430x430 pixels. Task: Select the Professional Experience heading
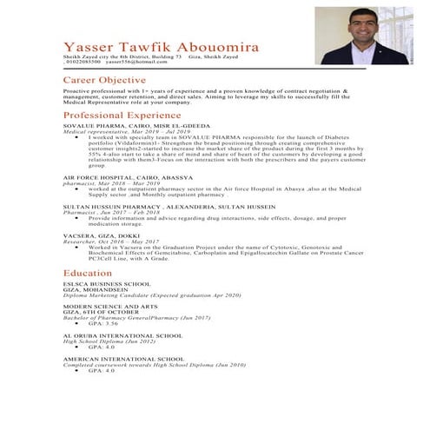point(122,115)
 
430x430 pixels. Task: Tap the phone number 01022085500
point(83,63)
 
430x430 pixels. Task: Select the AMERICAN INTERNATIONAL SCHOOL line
point(123,358)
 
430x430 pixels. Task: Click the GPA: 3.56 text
point(103,323)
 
